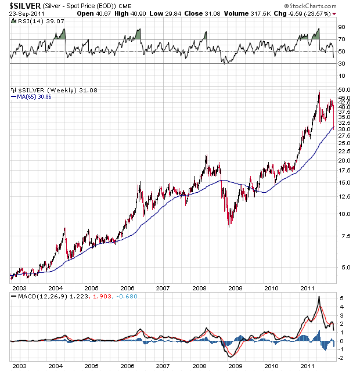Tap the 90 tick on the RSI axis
click(342, 27)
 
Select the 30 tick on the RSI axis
click(342, 63)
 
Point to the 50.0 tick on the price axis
click(344, 89)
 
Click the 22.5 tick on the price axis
click(344, 150)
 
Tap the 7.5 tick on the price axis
click(344, 236)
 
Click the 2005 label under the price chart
click(91, 288)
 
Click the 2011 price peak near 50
click(318, 91)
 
